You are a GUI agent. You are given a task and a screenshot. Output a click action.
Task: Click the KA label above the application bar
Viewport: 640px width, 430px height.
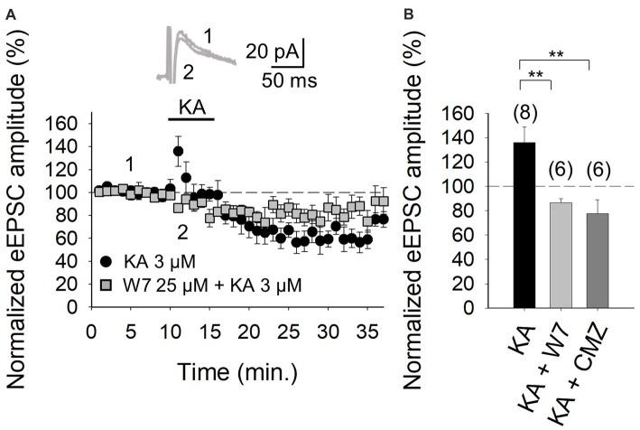point(190,106)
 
